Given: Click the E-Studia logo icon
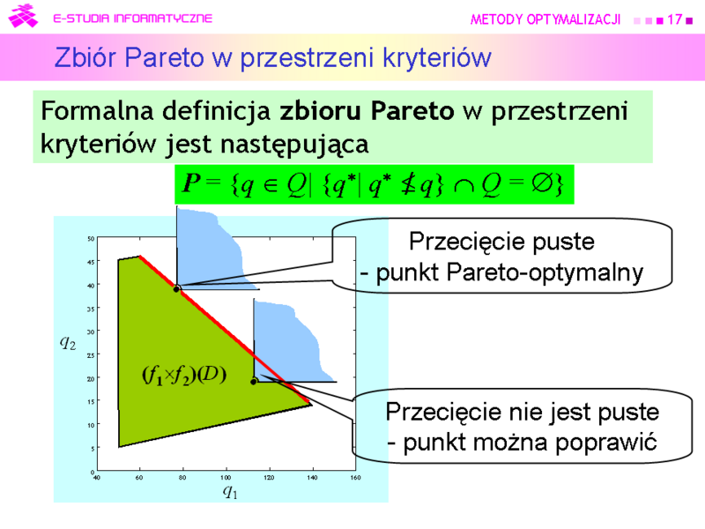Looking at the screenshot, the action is coord(23,16).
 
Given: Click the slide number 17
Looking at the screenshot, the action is coord(674,19).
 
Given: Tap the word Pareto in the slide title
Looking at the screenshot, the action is coord(164,57).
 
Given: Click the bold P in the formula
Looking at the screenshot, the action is coord(191,183).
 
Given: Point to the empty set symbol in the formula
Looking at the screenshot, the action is coord(542,183).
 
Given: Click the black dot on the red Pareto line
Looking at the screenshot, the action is coord(177,289).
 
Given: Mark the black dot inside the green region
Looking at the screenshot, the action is coord(254,382).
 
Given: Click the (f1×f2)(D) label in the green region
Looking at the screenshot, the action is coord(184,376).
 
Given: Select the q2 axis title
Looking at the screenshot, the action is coord(68,343).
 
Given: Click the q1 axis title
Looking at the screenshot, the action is coord(230,492).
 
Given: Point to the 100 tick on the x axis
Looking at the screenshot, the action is coord(226,477).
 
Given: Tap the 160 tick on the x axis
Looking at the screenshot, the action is coord(356,477).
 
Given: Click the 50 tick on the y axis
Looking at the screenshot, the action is coord(91,238).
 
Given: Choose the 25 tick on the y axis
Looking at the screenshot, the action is coord(91,355).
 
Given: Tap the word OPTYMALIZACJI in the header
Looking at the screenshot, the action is coord(574,19).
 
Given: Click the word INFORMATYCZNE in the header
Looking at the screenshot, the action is coord(163,18).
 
